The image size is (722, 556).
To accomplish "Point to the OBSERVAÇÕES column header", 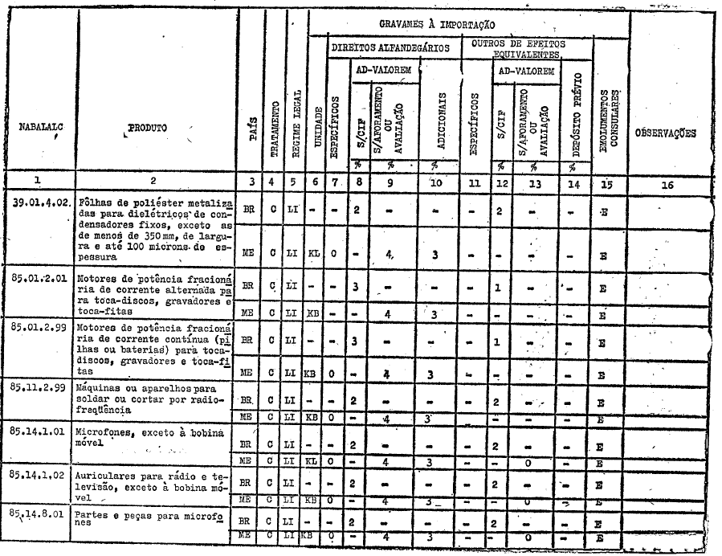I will click(x=665, y=133).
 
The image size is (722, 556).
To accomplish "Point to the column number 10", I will click(x=436, y=183).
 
